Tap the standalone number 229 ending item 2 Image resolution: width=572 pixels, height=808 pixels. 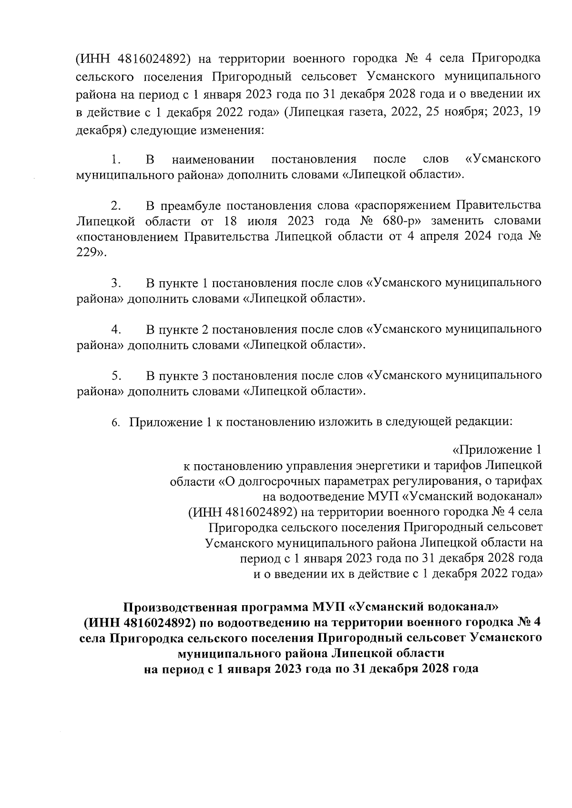click(x=86, y=253)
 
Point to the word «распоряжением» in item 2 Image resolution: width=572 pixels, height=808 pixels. click(x=401, y=206)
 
